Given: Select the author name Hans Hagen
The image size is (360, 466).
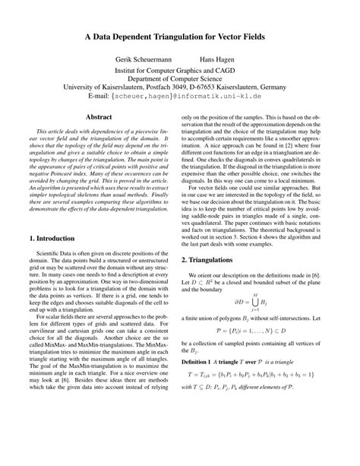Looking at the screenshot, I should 216,59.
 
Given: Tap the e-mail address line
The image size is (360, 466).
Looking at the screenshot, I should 180,97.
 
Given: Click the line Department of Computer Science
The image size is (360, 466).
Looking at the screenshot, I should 180,78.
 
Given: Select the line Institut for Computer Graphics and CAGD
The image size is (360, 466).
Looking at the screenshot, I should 180,68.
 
